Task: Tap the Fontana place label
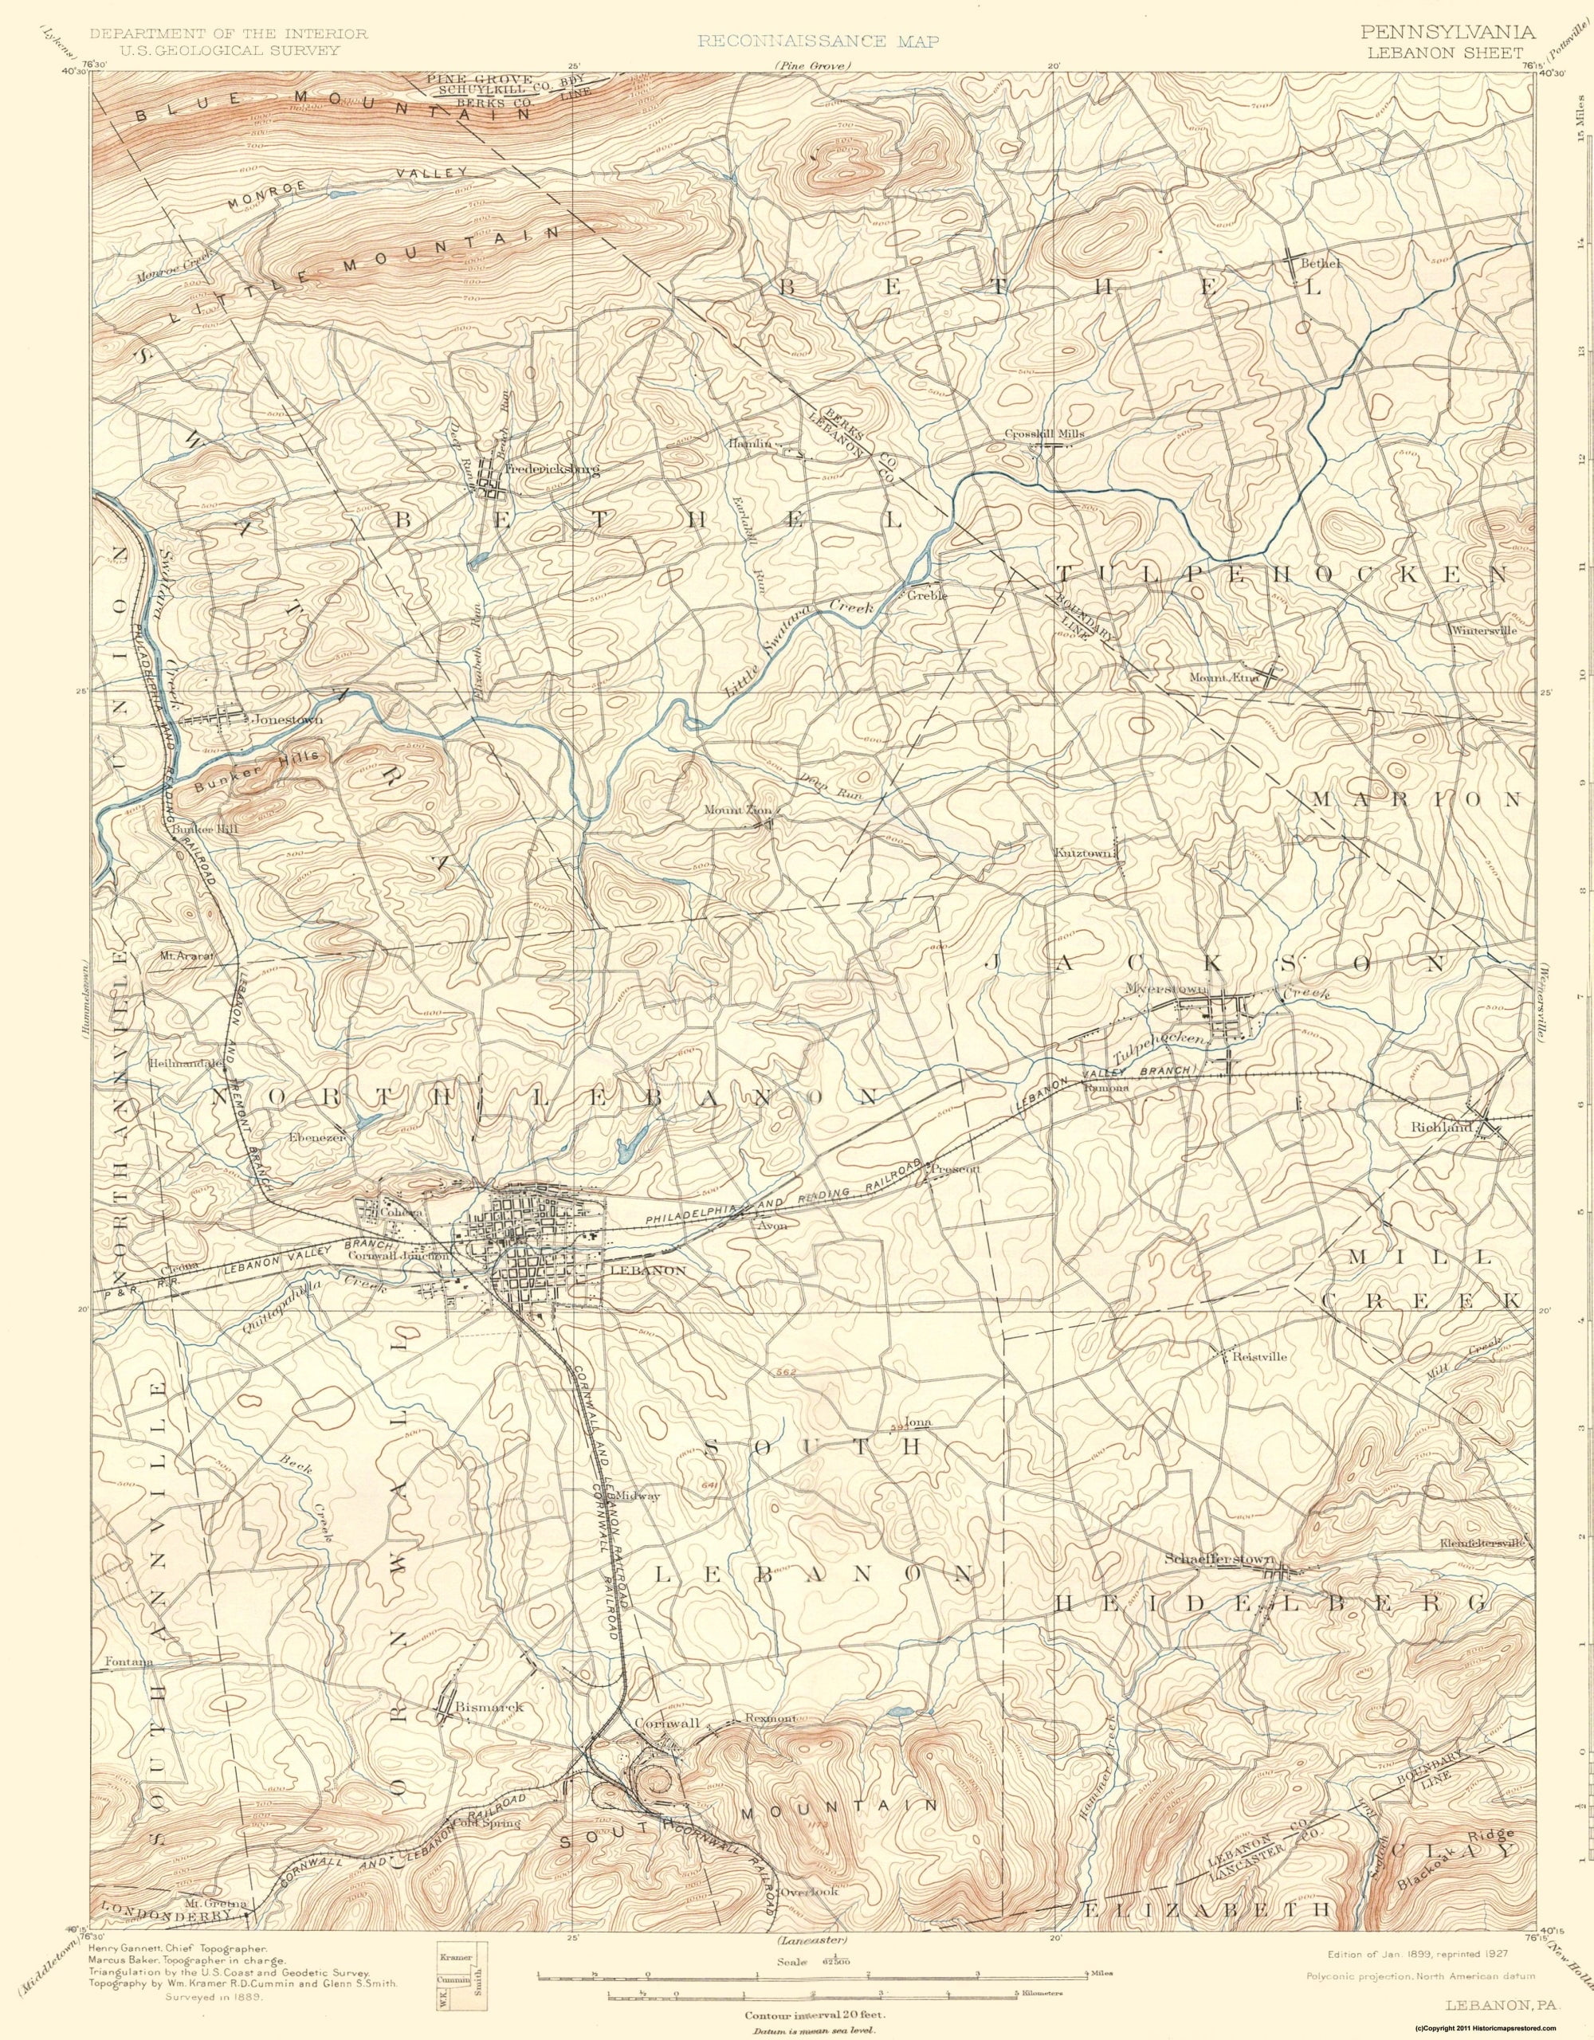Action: click(129, 1662)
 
